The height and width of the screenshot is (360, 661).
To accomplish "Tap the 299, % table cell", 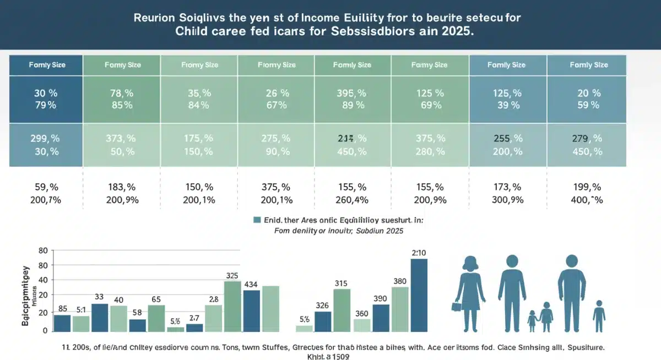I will [x=45, y=139].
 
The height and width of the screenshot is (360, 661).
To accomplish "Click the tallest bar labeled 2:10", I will [x=419, y=294].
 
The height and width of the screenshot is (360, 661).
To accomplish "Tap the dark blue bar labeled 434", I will [x=251, y=310].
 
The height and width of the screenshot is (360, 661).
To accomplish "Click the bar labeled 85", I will [x=62, y=323].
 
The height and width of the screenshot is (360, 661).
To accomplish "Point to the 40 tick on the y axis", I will [x=44, y=280].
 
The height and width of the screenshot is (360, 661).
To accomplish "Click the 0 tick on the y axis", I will [x=46, y=331].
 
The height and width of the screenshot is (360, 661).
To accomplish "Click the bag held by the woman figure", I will [x=456, y=307].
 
